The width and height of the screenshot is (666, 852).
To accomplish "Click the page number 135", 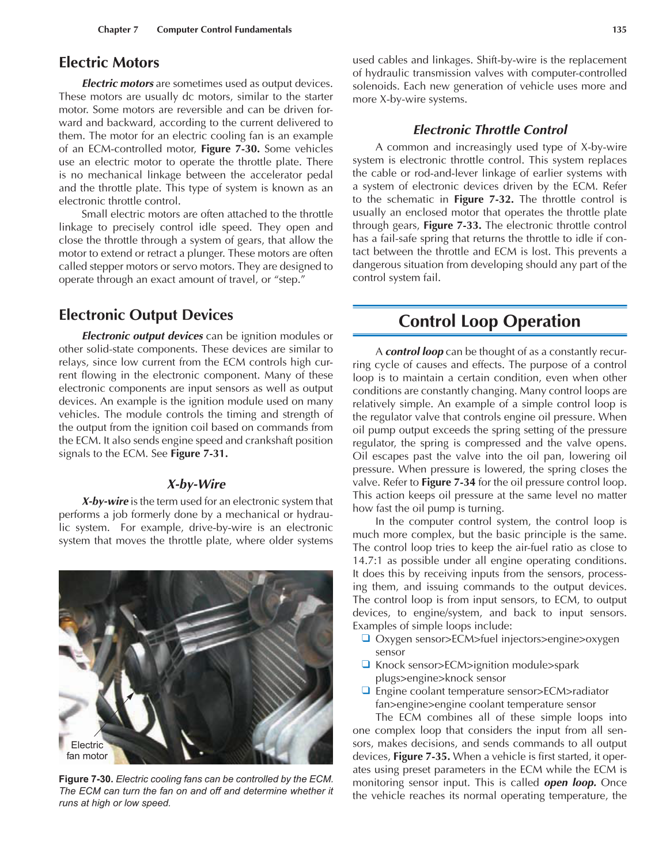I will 619,29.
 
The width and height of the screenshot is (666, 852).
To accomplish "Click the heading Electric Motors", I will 109,62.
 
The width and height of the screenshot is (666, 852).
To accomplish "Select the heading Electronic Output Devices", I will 146,315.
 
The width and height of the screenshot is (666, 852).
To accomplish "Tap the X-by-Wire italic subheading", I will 196,484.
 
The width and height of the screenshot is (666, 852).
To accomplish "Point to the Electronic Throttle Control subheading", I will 490,130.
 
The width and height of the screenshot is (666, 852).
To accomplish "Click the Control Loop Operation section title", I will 489,321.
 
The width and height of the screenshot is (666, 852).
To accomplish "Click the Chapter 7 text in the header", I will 118,29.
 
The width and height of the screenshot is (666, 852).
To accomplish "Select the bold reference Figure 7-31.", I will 199,453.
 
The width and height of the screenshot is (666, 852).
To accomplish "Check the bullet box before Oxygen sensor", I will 365,638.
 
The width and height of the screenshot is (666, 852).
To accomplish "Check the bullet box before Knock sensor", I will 365,664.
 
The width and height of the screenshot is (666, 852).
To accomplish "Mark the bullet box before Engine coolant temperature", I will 365,690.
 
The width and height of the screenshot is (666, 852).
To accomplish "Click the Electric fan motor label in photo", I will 87,750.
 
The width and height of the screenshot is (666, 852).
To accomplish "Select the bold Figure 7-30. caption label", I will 86,779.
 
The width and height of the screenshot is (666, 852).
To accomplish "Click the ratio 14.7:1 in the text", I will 368,561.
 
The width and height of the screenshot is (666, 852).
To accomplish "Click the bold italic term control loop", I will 414,351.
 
